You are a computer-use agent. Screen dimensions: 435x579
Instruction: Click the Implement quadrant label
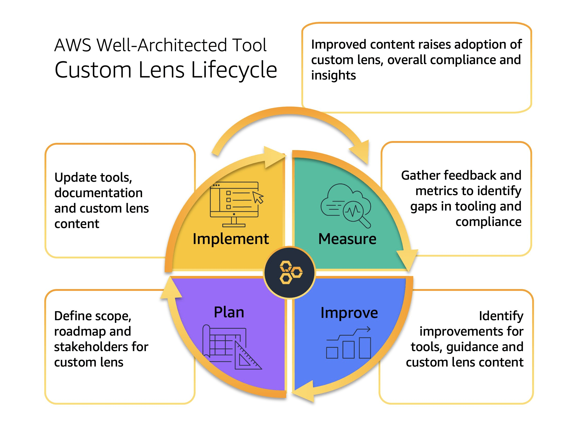pos(230,239)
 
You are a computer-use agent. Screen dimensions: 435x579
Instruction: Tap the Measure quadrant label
pos(347,239)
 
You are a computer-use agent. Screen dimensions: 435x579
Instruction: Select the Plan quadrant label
pos(229,312)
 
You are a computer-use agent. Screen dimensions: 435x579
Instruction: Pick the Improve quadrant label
pos(349,313)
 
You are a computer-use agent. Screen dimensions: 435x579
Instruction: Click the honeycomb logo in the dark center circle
pos(290,272)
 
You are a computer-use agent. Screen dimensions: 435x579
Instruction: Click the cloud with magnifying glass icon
pos(346,206)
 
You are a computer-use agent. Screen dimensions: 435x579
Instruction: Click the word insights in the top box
pos(334,76)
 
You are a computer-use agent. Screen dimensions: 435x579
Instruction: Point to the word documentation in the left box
pos(98,193)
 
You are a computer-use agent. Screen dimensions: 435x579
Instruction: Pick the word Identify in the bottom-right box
pos(501,316)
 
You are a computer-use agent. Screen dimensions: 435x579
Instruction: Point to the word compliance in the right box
pos(488,222)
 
